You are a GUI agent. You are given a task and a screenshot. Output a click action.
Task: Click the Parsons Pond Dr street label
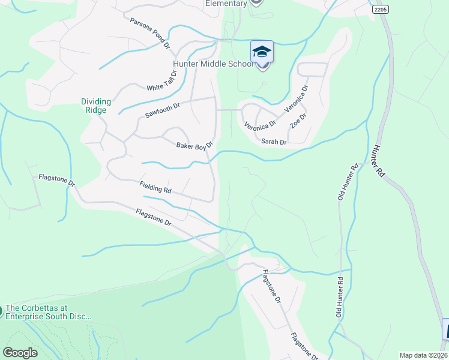click(x=151, y=33)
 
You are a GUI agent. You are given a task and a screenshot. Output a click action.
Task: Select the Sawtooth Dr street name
click(x=163, y=110)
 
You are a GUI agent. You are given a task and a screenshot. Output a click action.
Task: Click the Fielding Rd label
click(x=155, y=187)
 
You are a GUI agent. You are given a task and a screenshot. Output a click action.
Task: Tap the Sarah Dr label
click(x=274, y=142)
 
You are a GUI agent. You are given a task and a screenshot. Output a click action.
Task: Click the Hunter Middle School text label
click(x=214, y=64)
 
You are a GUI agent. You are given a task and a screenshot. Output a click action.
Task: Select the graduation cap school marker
click(x=262, y=52)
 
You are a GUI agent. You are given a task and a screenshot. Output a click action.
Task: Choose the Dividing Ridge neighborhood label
click(x=95, y=106)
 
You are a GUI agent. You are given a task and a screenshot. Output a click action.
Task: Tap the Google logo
click(x=20, y=353)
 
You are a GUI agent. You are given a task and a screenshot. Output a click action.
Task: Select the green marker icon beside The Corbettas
click(x=2, y=311)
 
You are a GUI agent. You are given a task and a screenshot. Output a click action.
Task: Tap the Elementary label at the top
click(x=226, y=4)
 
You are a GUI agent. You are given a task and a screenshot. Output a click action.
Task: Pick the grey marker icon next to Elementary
click(x=256, y=2)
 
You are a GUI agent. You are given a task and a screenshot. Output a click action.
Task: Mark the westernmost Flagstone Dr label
click(x=56, y=180)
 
